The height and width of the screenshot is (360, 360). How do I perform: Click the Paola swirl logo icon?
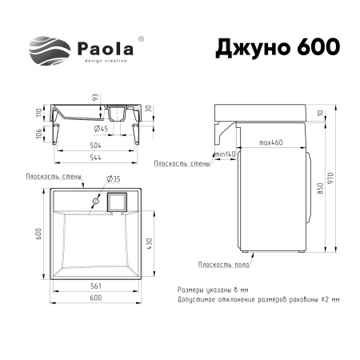click(x=50, y=50)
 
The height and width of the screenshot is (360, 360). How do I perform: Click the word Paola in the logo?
click(x=106, y=49)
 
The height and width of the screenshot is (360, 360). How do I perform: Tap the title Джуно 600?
click(x=278, y=47)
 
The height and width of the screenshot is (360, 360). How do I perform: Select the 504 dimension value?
click(x=95, y=146)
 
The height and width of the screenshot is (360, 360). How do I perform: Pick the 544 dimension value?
click(x=95, y=157)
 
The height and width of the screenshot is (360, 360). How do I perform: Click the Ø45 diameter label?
click(x=101, y=129)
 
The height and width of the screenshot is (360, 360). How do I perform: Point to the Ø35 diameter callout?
click(x=114, y=178)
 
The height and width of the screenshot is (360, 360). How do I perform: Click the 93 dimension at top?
click(x=95, y=97)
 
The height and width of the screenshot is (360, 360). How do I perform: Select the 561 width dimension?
click(x=96, y=286)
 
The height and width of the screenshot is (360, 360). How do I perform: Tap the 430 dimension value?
click(x=149, y=243)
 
